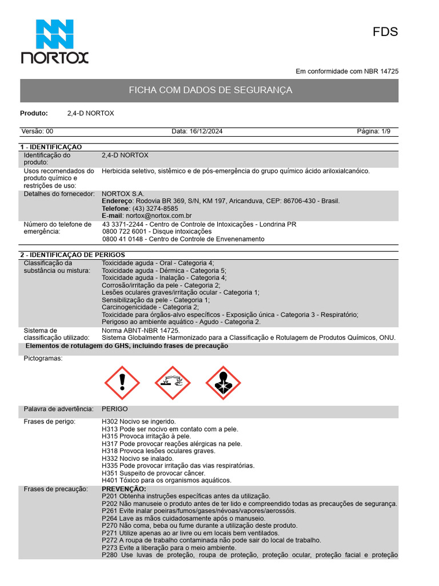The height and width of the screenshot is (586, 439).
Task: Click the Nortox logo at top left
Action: (55, 41)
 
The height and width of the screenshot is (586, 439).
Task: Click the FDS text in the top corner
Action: (385, 32)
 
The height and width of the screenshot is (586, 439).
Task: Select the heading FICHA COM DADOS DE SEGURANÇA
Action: (210, 90)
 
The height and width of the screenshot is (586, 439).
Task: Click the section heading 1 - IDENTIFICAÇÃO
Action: (51, 147)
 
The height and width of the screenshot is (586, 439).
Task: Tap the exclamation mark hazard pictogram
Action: (121, 383)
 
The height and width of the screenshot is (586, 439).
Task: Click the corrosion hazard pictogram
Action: (172, 383)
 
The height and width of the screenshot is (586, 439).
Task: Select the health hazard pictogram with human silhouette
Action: (223, 383)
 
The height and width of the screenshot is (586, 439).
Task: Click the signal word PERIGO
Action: (115, 409)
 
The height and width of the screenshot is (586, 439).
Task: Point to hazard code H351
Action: (110, 473)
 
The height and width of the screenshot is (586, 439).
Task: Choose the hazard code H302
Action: (110, 422)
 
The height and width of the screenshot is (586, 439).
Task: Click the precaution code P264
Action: (110, 518)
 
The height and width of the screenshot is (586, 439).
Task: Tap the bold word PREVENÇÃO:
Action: (123, 489)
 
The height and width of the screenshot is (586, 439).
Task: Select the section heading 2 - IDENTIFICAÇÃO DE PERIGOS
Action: (72, 255)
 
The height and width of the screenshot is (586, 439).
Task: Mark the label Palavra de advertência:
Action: (58, 409)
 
